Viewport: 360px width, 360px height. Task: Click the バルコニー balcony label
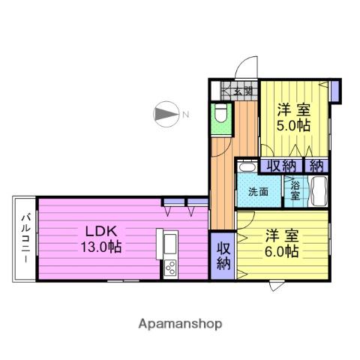tap(25, 238)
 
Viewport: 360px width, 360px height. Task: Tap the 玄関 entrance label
tap(242, 91)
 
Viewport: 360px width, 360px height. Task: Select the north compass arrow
tap(163, 115)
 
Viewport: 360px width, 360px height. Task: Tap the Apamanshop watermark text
tap(179, 324)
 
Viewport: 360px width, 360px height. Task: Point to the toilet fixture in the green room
tap(220, 115)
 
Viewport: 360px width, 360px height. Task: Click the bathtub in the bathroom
tap(318, 190)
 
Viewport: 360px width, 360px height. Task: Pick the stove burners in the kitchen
tap(169, 266)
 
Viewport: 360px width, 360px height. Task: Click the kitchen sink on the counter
tap(169, 243)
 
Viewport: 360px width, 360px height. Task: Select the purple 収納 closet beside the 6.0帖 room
tap(223, 255)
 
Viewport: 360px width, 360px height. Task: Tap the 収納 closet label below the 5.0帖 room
tap(280, 165)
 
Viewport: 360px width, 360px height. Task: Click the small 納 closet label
tap(316, 165)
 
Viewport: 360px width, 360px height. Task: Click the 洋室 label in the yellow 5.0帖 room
tap(293, 106)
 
